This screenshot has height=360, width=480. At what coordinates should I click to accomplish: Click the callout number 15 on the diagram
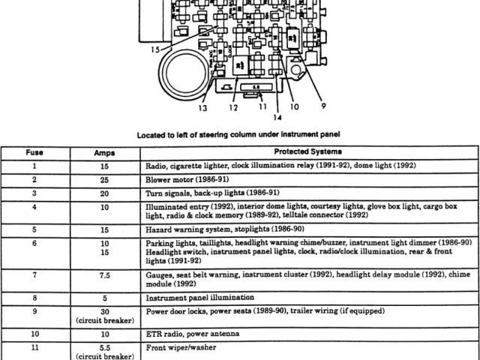155,50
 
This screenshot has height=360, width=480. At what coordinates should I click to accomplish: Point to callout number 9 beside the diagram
323,106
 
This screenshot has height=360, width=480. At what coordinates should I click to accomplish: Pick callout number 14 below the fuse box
277,118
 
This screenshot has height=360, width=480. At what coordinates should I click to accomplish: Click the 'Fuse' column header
34,152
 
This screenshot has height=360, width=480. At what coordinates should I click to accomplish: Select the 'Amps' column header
104,152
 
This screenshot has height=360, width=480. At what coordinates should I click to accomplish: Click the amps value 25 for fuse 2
104,179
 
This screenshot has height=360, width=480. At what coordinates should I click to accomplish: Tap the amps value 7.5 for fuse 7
104,275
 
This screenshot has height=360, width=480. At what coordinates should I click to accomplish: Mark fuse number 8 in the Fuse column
34,298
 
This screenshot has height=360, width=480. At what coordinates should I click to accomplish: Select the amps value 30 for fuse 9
104,310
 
